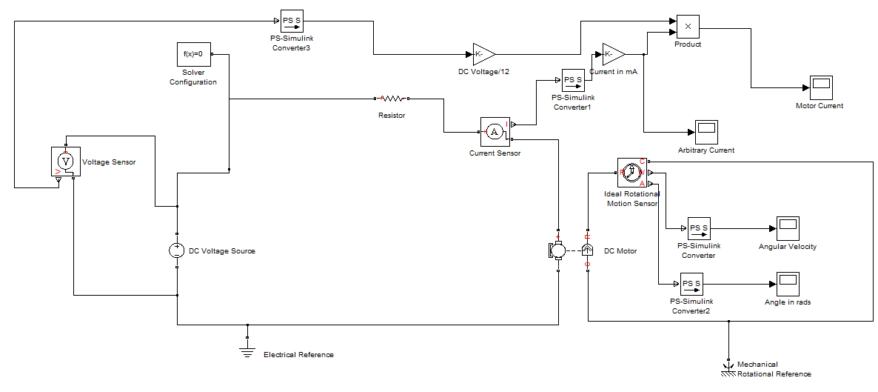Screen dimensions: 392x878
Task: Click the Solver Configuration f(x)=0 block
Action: [x=193, y=54]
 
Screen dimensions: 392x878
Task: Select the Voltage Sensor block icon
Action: [x=66, y=161]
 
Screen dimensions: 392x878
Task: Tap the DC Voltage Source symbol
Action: [x=177, y=250]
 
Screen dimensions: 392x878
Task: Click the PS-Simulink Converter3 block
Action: [x=291, y=20]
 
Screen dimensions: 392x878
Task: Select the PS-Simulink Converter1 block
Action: [x=572, y=80]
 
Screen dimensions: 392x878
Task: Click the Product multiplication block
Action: [x=688, y=27]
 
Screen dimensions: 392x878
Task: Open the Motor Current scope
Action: [x=820, y=88]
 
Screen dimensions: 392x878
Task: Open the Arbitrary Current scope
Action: [x=706, y=133]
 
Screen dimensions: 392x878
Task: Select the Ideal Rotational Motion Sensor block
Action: [x=631, y=173]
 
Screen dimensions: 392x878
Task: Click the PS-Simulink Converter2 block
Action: [x=691, y=284]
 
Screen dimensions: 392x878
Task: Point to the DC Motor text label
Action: [x=620, y=251]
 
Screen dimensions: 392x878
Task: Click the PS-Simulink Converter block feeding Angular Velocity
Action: [x=698, y=228]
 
